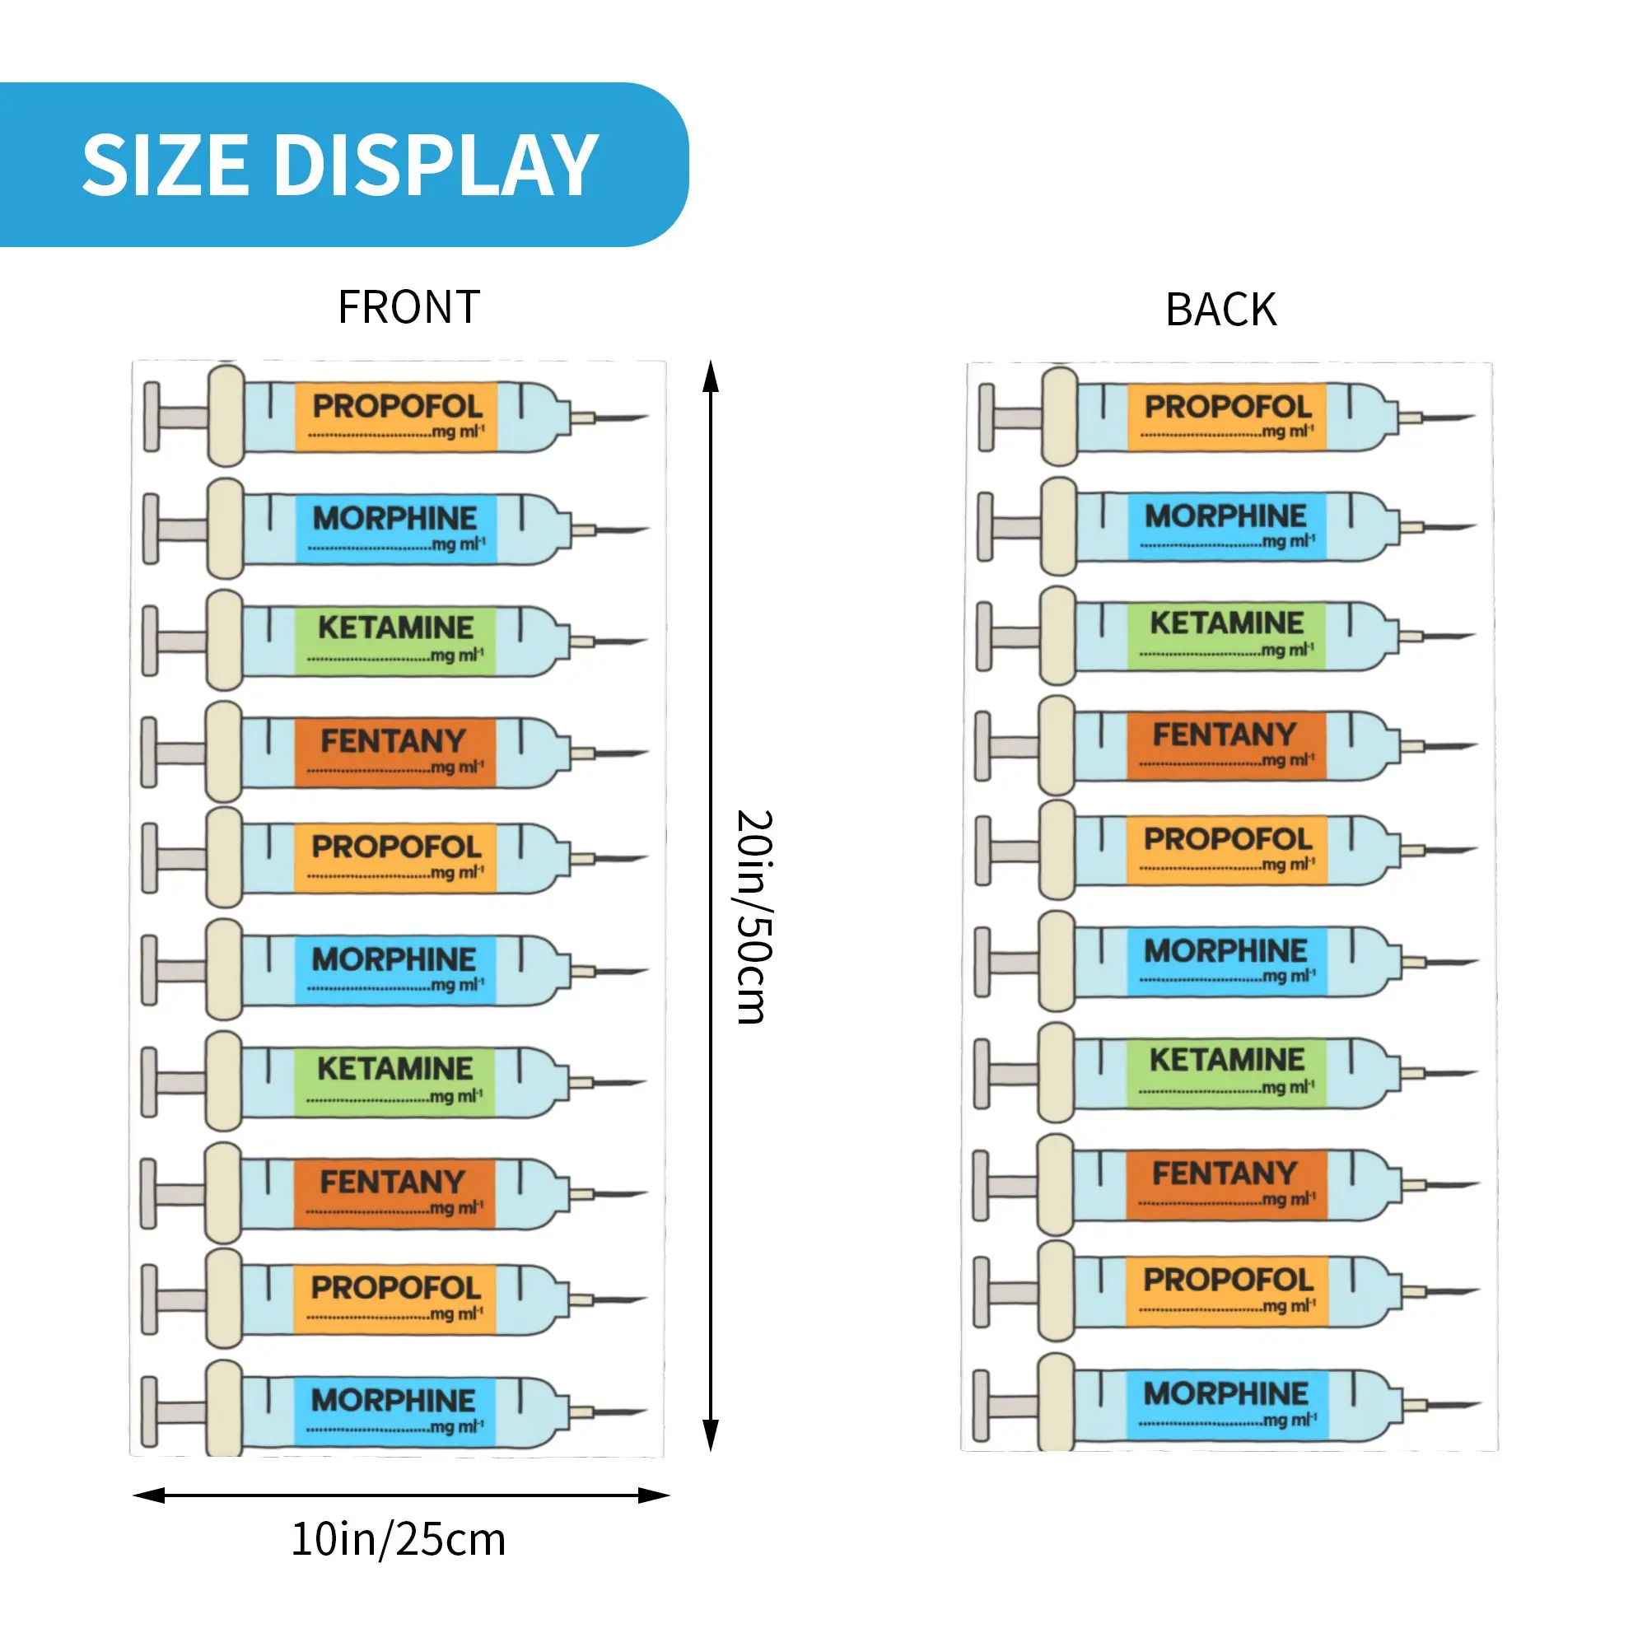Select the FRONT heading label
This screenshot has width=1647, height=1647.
(409, 307)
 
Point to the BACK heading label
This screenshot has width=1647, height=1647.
(1220, 310)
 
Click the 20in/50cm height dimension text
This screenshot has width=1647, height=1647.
(754, 917)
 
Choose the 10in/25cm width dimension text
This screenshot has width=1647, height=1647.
(398, 1540)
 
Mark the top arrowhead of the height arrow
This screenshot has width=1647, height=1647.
(710, 376)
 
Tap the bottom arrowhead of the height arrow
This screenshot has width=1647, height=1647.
(710, 1435)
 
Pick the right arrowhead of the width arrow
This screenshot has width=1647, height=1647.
(654, 1495)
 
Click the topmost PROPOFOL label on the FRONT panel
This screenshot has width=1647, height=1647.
(397, 407)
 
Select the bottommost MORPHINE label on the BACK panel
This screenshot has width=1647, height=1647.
(1225, 1394)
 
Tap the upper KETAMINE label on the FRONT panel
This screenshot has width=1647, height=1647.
(395, 628)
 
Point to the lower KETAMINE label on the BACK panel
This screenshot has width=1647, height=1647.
(1227, 1061)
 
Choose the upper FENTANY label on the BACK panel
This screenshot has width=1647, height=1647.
(1225, 735)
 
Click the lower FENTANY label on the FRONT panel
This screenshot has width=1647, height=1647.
(392, 1183)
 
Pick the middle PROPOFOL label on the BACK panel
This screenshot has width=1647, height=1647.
(1228, 840)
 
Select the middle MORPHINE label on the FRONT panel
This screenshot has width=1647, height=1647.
(394, 960)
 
